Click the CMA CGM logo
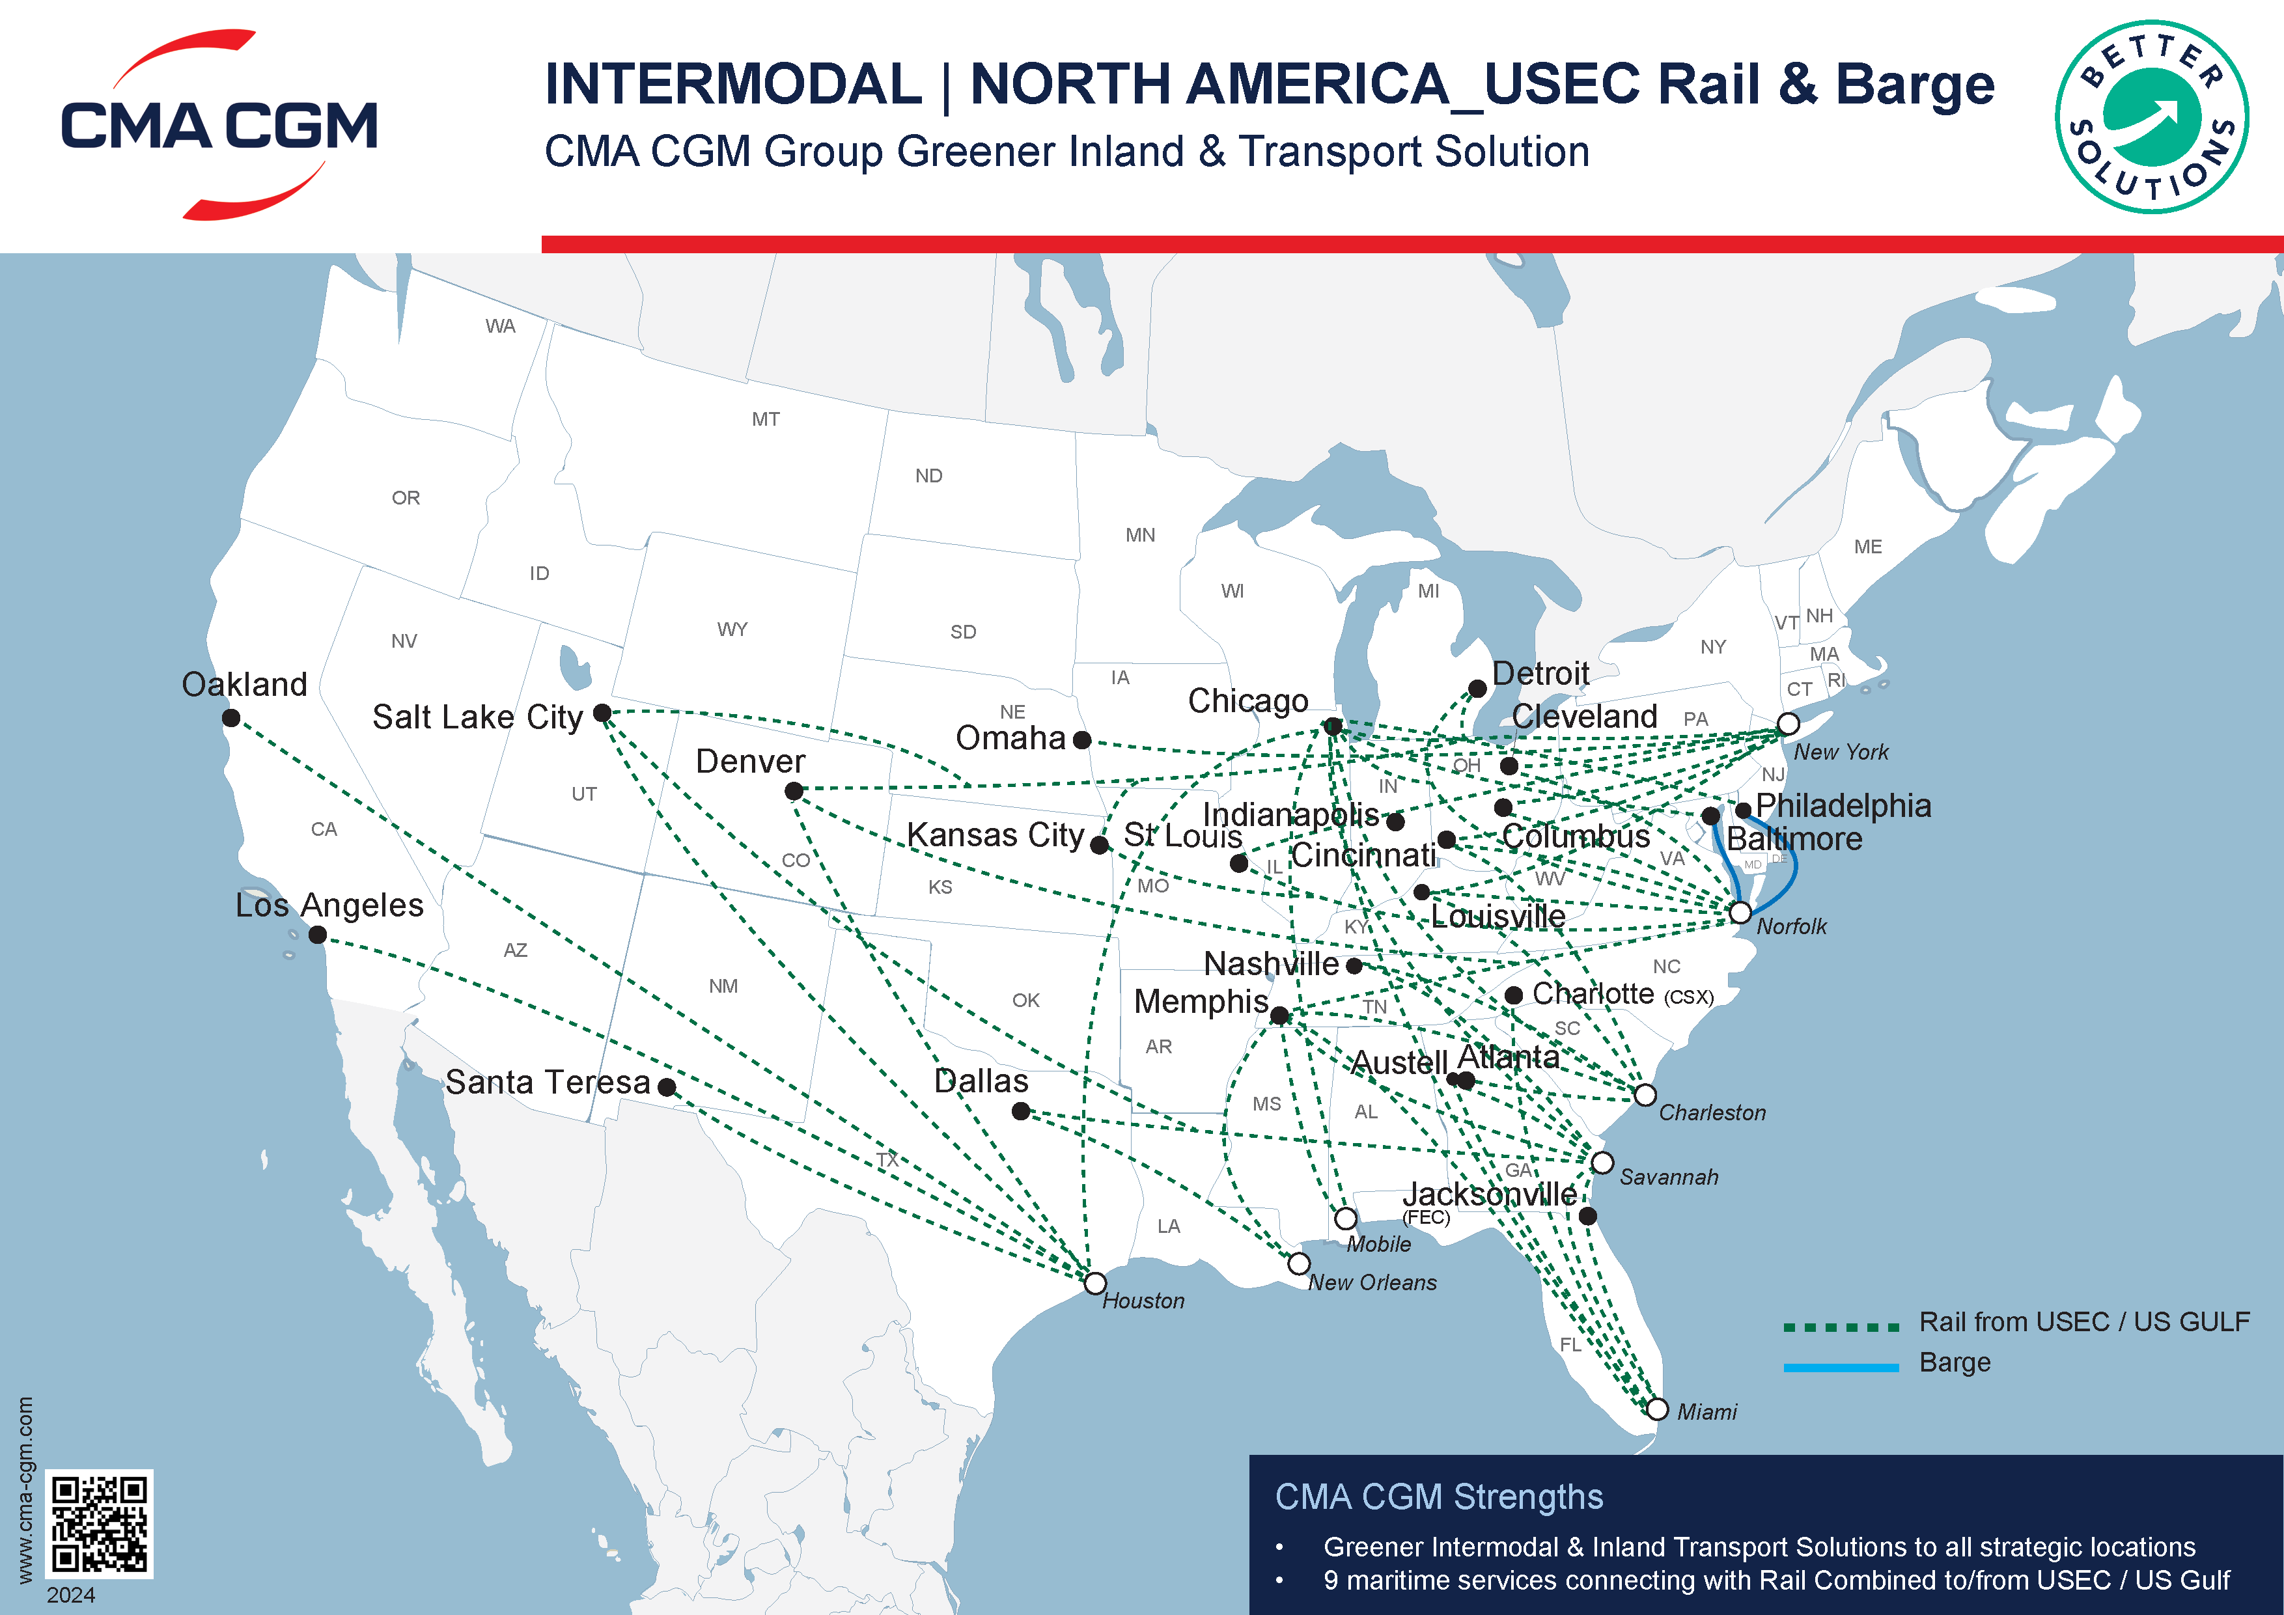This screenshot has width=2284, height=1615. coord(219,125)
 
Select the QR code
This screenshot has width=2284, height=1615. coord(100,1523)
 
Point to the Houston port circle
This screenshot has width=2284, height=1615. coord(1094,1283)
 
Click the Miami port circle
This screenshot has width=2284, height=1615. coord(1656,1408)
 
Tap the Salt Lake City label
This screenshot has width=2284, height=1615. coord(477,717)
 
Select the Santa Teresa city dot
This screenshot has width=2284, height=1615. coord(667,1088)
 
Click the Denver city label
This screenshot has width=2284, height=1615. coord(750,762)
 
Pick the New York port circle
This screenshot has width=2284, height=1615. coord(1788,723)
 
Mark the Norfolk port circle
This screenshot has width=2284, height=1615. coord(1740,912)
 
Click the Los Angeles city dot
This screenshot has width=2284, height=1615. coord(317,935)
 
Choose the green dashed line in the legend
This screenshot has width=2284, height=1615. coord(1841,1327)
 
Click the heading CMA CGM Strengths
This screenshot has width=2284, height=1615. coord(1438,1497)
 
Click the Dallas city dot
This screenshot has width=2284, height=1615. coord(1021,1111)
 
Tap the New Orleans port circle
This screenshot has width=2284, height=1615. coord(1298,1263)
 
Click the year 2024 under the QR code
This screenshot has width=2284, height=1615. coord(70,1595)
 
